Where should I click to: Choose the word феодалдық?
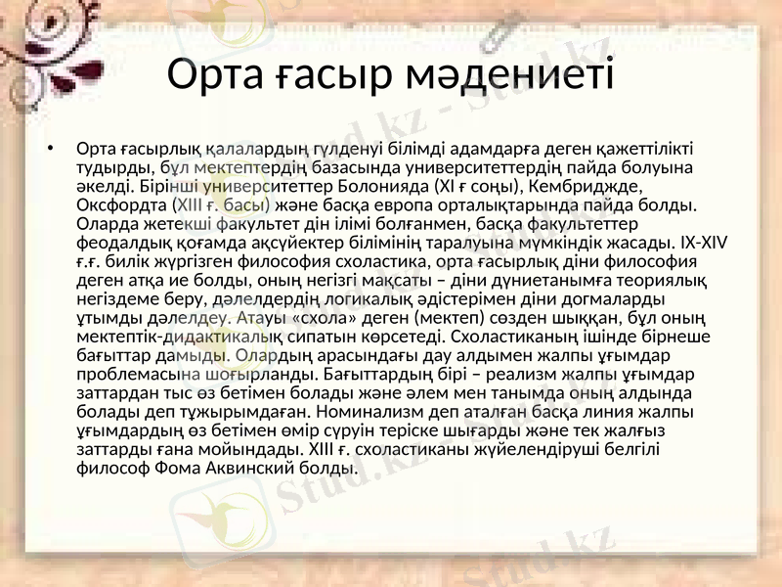118,241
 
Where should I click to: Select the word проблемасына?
138,374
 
